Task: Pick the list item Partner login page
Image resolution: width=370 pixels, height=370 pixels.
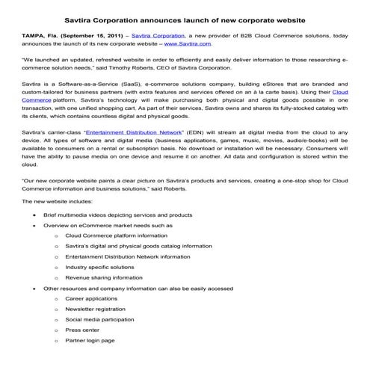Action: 90,339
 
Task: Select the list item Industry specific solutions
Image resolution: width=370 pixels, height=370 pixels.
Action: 100,266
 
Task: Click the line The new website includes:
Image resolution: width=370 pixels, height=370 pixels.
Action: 58,202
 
